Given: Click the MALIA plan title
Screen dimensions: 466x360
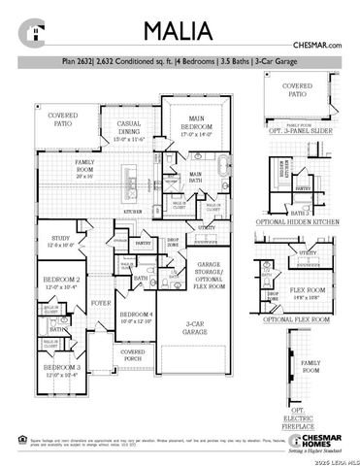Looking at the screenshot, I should pos(180,31).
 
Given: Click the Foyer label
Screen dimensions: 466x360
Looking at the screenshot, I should pos(101,303).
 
